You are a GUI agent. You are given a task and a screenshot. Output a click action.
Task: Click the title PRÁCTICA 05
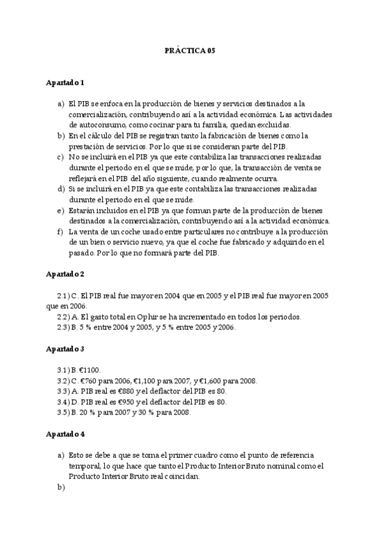(190, 51)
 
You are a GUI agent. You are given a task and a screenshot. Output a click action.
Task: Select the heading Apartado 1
(65, 83)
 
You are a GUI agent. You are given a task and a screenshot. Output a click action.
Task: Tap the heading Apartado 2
(65, 275)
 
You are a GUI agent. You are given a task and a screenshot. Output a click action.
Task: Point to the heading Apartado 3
(65, 349)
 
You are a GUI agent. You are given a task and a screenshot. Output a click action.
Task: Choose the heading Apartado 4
(65, 434)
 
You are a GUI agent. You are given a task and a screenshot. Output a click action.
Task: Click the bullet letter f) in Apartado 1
(61, 232)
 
